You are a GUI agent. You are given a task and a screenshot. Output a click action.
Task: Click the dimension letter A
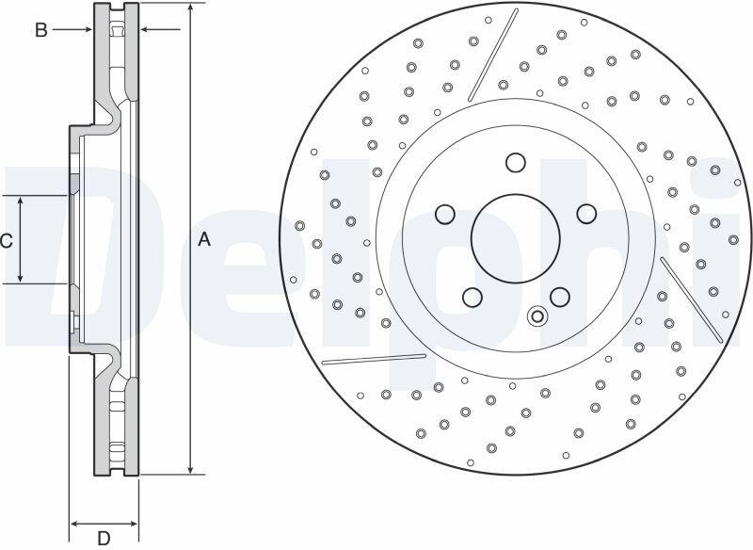click(x=204, y=238)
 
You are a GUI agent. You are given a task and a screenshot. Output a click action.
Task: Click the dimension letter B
click(x=41, y=30)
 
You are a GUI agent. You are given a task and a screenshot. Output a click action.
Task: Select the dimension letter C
click(x=6, y=241)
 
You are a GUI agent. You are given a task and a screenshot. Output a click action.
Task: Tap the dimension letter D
click(x=104, y=538)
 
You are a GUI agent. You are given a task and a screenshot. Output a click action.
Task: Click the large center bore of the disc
click(x=515, y=238)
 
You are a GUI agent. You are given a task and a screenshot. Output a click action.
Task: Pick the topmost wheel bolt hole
click(x=515, y=162)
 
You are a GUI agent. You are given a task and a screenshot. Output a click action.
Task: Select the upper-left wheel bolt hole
click(x=445, y=214)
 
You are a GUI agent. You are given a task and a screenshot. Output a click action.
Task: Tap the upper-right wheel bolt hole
click(x=586, y=214)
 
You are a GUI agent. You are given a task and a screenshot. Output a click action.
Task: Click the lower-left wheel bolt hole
click(x=473, y=298)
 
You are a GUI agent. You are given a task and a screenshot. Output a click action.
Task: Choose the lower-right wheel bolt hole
click(x=560, y=297)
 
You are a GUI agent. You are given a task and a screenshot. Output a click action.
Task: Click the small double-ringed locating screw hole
click(x=537, y=316)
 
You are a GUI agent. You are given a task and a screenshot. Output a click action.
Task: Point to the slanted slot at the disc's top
click(x=493, y=55)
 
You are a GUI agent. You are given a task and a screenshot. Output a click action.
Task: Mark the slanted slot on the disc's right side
click(x=692, y=299)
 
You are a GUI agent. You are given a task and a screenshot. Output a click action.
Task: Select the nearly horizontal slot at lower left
click(x=374, y=360)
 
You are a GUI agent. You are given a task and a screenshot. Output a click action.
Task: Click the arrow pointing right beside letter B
click(x=72, y=30)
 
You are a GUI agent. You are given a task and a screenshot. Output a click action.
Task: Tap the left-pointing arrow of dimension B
click(x=160, y=30)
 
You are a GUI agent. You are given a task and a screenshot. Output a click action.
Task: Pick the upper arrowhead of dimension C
click(x=20, y=202)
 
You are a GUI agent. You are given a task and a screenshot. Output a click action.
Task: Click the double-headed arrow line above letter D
click(x=104, y=524)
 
